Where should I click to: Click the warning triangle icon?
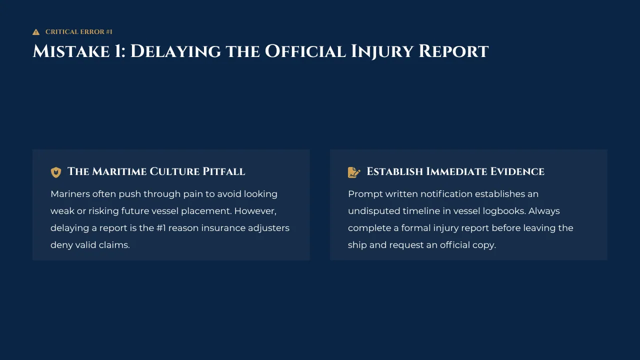click(x=36, y=32)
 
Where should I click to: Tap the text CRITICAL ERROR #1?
click(x=79, y=31)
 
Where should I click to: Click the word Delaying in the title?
click(x=175, y=51)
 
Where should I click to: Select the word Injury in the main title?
click(x=382, y=51)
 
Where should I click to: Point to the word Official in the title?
click(x=305, y=51)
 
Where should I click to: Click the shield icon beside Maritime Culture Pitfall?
click(x=56, y=172)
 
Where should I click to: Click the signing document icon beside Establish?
click(x=354, y=172)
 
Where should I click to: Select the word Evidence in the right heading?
click(x=517, y=171)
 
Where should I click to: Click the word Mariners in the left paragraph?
click(x=69, y=194)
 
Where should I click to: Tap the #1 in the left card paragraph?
click(x=161, y=228)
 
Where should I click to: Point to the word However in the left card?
click(x=255, y=211)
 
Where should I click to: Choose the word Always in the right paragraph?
click(x=544, y=211)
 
